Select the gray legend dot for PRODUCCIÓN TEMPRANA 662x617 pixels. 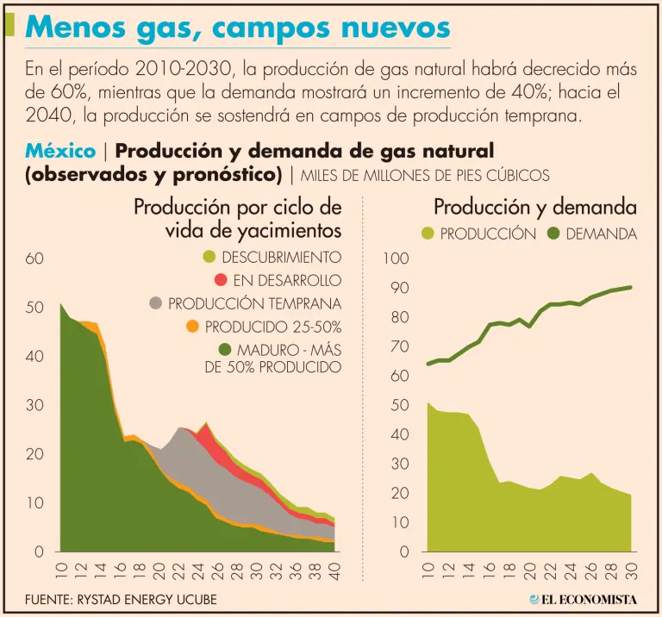[x=155, y=303]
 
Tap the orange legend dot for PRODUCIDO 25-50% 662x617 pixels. [x=192, y=327]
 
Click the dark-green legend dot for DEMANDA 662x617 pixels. [x=553, y=234]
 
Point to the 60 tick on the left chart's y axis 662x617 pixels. [x=34, y=258]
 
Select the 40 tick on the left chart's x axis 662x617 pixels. [x=334, y=571]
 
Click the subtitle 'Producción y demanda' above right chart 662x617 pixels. [x=535, y=208]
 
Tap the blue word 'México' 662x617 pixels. [x=60, y=152]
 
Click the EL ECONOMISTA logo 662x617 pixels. [x=583, y=599]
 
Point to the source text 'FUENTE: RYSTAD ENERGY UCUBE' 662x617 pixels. [x=121, y=599]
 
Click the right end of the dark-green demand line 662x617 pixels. [x=631, y=287]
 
